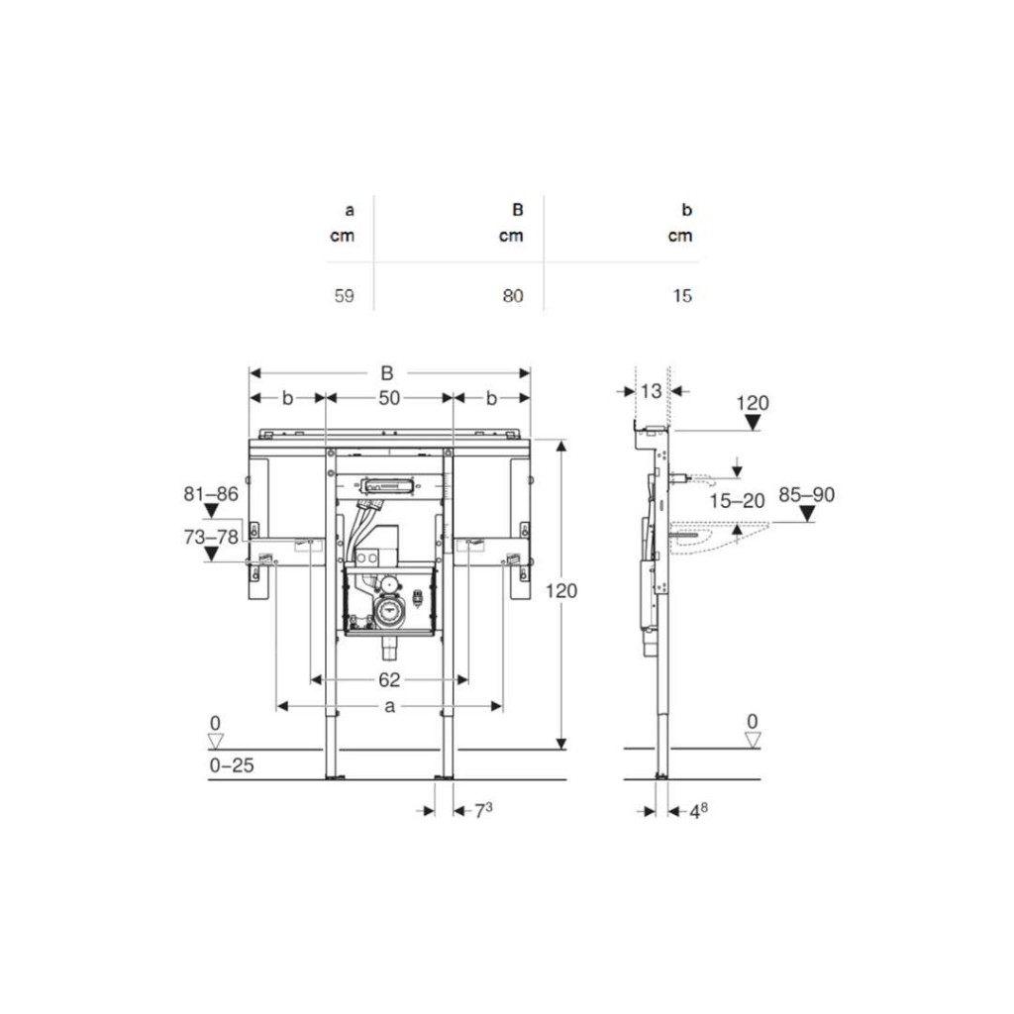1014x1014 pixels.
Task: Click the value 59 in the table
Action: pos(344,295)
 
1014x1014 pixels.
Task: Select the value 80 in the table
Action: pos(513,295)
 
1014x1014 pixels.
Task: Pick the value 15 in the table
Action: pos(682,295)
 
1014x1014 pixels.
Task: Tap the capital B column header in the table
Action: pos(517,210)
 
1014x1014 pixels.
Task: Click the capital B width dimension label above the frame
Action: pos(387,373)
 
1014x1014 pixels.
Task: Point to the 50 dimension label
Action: pos(389,398)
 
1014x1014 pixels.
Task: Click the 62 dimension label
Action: pos(389,679)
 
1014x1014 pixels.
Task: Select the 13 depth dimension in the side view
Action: pos(652,390)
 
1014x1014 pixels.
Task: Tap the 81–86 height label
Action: pos(211,494)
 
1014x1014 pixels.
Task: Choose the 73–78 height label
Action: pos(211,537)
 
